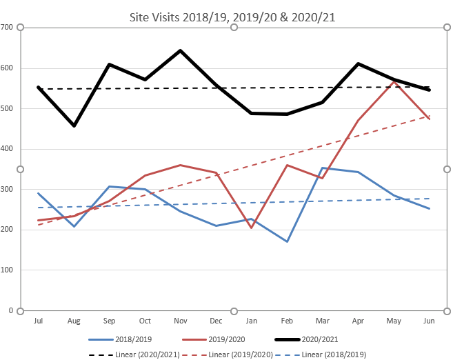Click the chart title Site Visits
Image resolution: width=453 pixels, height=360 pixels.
(x=232, y=17)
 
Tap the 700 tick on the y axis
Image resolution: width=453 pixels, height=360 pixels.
(x=8, y=28)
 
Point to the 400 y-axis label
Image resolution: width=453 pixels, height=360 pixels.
(x=8, y=149)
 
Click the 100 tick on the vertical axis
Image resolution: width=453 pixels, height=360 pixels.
(x=8, y=270)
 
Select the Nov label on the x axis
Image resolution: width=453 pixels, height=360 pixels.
(x=180, y=321)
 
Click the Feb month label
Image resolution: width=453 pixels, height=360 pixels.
(x=286, y=321)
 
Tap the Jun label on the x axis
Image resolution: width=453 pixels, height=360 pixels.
(x=429, y=321)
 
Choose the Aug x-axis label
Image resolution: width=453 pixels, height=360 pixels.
(x=74, y=321)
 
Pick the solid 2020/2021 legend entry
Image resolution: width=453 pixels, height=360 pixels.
(x=318, y=339)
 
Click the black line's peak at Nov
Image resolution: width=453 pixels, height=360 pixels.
(x=180, y=50)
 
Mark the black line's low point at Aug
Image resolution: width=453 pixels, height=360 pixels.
(x=74, y=126)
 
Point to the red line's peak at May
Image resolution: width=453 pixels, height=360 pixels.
(x=393, y=81)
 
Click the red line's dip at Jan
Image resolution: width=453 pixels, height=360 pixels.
(x=251, y=228)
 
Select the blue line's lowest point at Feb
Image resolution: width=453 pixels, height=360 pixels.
(x=286, y=241)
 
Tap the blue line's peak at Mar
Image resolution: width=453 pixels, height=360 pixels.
(x=322, y=168)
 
